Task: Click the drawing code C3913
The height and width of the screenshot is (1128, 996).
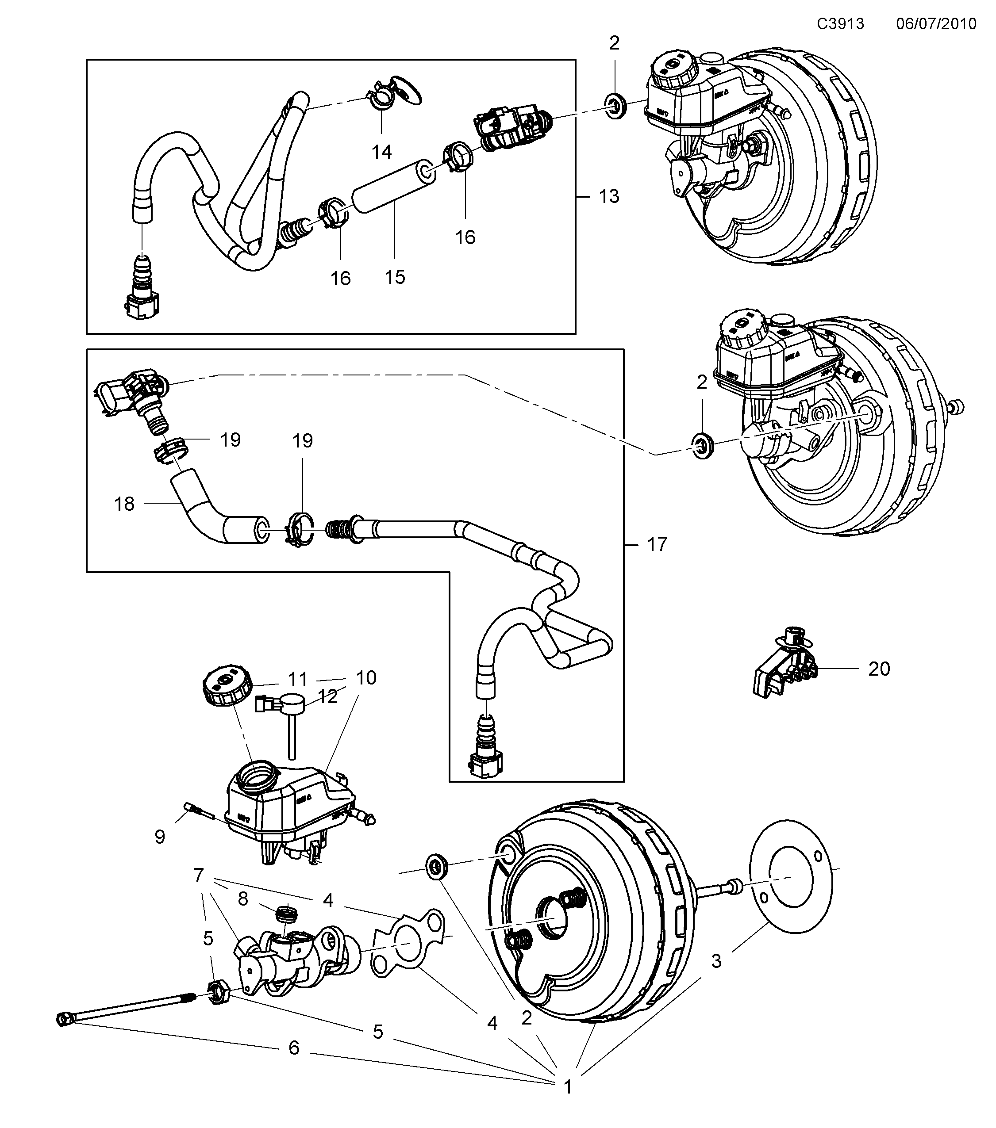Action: (x=840, y=24)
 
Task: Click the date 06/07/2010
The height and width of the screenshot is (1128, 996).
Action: (x=936, y=24)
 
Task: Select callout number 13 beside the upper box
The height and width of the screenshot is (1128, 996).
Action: (x=609, y=196)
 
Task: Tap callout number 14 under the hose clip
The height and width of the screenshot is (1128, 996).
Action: (x=381, y=152)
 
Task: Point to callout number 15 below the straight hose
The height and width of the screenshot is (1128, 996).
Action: (x=395, y=277)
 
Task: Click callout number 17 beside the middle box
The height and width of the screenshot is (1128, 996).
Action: (x=657, y=545)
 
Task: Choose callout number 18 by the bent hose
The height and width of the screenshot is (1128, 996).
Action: (x=124, y=504)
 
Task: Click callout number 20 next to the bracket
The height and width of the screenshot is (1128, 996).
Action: (x=879, y=669)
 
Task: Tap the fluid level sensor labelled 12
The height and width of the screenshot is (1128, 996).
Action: (x=290, y=712)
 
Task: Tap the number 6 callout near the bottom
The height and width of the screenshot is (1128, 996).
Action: (x=294, y=1048)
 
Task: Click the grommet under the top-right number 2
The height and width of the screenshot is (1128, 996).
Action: (x=615, y=105)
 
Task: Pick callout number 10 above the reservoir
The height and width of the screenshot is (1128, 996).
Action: (x=365, y=678)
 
